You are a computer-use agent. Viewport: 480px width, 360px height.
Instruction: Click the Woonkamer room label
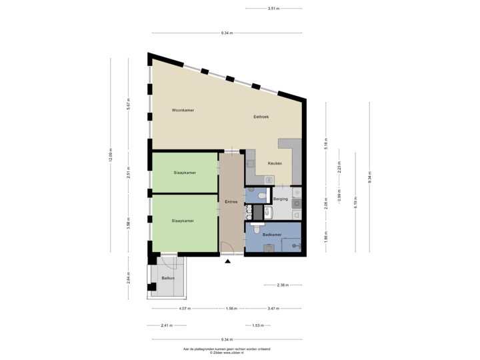pos(183,110)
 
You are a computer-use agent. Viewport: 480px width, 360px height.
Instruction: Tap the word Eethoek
pos(261,117)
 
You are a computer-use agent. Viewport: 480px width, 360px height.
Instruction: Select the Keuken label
pos(275,163)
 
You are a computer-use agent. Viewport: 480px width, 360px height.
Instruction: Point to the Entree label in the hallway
pos(231,201)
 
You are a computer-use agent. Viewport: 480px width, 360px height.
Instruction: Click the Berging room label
pos(281,199)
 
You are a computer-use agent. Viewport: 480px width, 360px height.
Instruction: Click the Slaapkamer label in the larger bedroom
pos(183,220)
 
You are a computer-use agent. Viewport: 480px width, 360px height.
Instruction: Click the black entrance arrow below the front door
pos(228,261)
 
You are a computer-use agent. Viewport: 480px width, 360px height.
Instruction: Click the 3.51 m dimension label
pos(273,9)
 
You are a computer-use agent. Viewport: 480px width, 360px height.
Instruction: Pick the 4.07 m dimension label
pos(184,309)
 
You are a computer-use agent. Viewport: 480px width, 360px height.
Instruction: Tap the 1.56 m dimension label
pos(231,309)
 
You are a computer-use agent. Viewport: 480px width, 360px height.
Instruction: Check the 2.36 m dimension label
pos(283,285)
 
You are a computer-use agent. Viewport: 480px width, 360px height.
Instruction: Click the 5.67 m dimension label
pos(129,103)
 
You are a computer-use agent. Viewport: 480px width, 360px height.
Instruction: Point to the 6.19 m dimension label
pos(355,199)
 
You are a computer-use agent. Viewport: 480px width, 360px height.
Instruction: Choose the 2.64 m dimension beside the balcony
pos(129,277)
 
